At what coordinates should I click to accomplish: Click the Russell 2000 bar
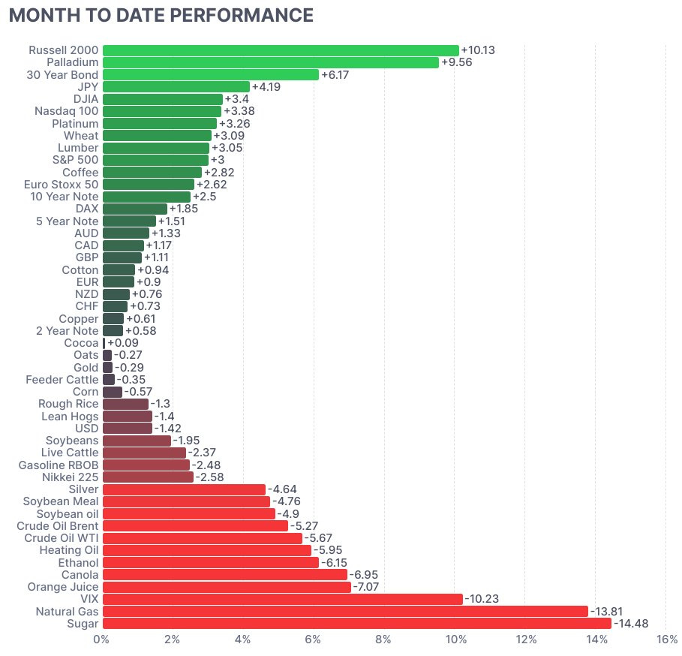point(280,50)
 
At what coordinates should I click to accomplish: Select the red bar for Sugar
point(356,623)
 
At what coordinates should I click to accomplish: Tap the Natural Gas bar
point(344,611)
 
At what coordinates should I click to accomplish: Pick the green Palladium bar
point(270,62)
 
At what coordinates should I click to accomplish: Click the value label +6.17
point(335,74)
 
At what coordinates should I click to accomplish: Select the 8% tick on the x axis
point(383,639)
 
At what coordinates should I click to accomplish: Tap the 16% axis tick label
point(666,639)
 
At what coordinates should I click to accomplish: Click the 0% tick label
point(101,639)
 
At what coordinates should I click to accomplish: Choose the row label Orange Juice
point(62,586)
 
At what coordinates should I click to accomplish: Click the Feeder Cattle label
point(62,380)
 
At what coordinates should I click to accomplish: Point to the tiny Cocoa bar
point(104,343)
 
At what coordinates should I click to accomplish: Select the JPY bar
point(176,86)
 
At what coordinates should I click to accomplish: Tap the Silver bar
point(184,489)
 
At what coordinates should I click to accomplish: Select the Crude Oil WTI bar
point(202,538)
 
